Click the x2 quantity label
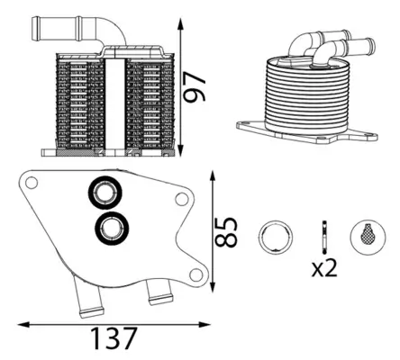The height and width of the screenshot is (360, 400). tap(325, 266)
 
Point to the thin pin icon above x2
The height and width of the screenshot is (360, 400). tap(322, 235)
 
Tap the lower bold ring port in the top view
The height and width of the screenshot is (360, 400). tap(112, 229)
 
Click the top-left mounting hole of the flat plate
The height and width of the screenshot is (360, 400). tap(32, 184)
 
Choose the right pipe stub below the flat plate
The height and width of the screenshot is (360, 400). tap(158, 292)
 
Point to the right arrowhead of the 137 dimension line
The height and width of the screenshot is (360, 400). tap(208, 324)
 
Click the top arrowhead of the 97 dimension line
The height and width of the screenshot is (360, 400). tap(183, 20)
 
